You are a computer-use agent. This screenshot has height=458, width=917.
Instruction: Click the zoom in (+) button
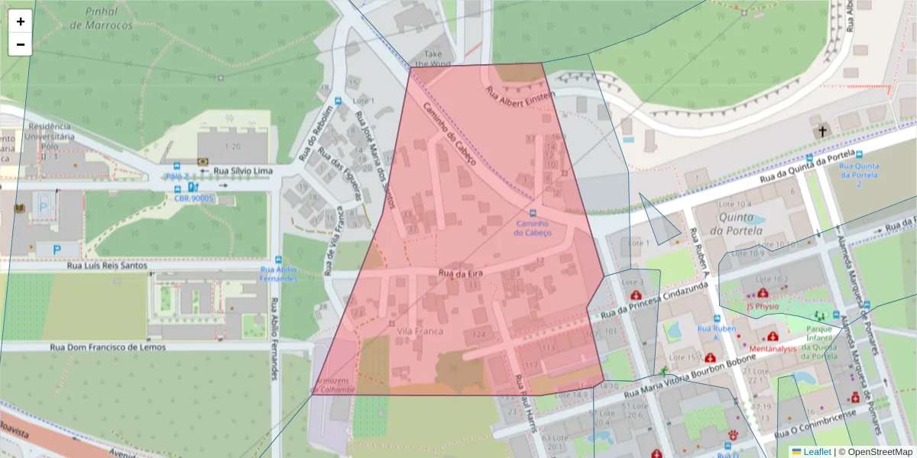(x=21, y=21)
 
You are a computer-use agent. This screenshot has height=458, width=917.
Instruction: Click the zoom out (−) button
(x=21, y=44)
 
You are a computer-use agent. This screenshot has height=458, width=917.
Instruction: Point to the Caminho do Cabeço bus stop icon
(x=533, y=213)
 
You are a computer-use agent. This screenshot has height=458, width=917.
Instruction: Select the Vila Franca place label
(x=420, y=331)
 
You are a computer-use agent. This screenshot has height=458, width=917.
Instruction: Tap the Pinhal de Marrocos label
(x=101, y=19)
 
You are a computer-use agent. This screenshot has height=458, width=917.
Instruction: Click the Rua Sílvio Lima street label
(x=244, y=171)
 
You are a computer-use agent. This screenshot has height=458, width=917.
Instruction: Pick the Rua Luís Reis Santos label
(x=106, y=266)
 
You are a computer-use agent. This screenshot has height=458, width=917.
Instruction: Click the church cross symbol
(x=823, y=131)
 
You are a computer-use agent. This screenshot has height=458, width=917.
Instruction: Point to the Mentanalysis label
(x=773, y=348)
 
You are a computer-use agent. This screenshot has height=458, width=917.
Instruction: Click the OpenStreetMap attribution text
(x=880, y=452)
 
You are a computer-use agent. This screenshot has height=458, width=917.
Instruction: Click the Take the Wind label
(x=433, y=59)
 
